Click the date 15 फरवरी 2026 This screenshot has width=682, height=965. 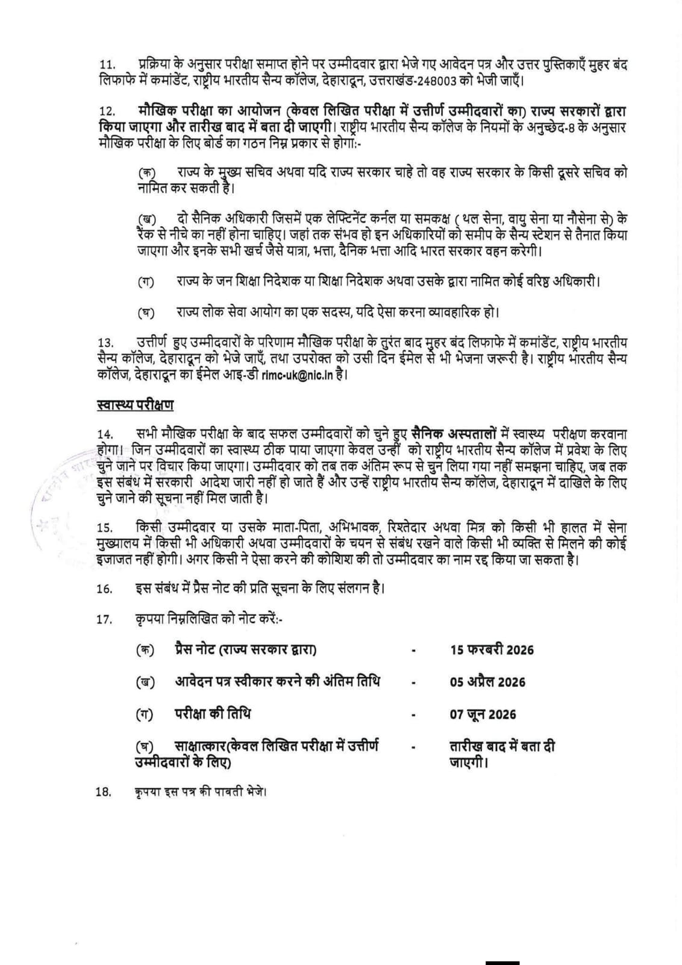pyautogui.click(x=492, y=650)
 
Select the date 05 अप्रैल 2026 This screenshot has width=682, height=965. pyautogui.click(x=487, y=682)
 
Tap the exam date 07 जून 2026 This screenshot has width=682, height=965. pyautogui.click(x=483, y=714)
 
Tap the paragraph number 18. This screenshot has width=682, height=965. pyautogui.click(x=104, y=792)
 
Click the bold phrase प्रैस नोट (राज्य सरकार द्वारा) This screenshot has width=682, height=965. pyautogui.click(x=246, y=650)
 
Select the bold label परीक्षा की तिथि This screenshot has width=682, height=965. pyautogui.click(x=213, y=714)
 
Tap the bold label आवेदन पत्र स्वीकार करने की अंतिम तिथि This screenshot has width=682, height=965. pyautogui.click(x=278, y=682)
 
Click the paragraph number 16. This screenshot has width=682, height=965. pyautogui.click(x=104, y=589)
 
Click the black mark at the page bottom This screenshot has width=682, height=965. pyautogui.click(x=502, y=961)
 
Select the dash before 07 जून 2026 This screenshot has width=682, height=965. pyautogui.click(x=413, y=715)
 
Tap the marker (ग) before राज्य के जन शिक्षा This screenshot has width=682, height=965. pyautogui.click(x=145, y=282)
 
